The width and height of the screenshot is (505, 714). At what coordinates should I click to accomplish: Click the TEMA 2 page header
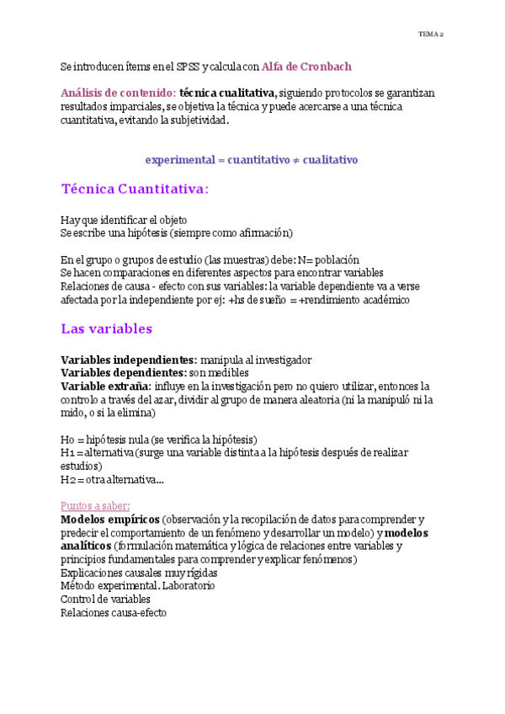pyautogui.click(x=431, y=35)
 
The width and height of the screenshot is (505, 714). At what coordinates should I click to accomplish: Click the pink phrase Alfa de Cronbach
pyautogui.click(x=306, y=66)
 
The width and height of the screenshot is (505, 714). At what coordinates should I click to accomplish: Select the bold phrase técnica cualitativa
pyautogui.click(x=228, y=93)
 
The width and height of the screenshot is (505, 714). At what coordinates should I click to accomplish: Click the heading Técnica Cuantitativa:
pyautogui.click(x=135, y=189)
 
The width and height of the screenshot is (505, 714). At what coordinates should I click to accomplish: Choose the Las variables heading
pyautogui.click(x=107, y=328)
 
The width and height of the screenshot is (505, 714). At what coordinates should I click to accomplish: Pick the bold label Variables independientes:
pyautogui.click(x=129, y=360)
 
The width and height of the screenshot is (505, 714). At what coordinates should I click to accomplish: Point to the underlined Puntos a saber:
pyautogui.click(x=95, y=505)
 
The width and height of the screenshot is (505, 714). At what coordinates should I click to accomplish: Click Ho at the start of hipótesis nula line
pyautogui.click(x=67, y=440)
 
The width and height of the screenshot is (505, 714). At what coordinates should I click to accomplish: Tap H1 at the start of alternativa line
pyautogui.click(x=67, y=453)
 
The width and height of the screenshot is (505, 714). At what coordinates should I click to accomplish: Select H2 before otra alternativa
pyautogui.click(x=67, y=480)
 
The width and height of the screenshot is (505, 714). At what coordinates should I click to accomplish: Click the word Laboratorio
pyautogui.click(x=189, y=585)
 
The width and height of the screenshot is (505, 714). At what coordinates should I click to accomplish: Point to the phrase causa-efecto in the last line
pyautogui.click(x=139, y=613)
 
